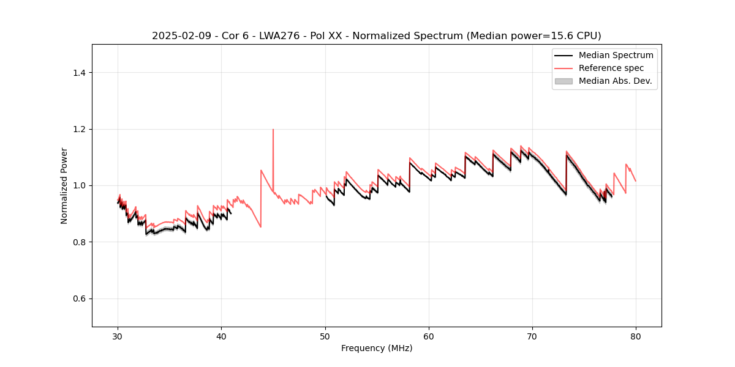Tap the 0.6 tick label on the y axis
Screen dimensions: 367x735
point(78,298)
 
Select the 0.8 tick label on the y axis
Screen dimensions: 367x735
point(78,242)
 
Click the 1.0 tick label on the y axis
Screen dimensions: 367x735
point(78,185)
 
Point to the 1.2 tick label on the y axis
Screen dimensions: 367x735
point(78,129)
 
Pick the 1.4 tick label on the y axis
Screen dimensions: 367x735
point(78,73)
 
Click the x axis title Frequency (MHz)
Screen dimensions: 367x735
point(377,348)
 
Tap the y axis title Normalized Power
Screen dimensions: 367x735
point(64,185)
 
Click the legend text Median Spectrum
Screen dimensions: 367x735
point(616,55)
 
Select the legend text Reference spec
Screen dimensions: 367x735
point(611,68)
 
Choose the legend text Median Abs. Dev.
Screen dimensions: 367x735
point(615,81)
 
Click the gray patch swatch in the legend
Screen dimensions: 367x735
point(563,81)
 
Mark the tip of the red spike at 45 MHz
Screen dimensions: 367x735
point(273,129)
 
